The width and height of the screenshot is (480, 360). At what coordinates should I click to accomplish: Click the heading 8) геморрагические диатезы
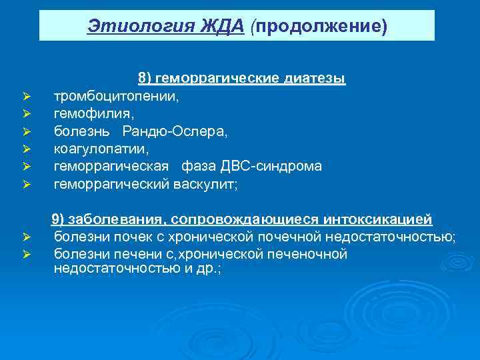[241, 79]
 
